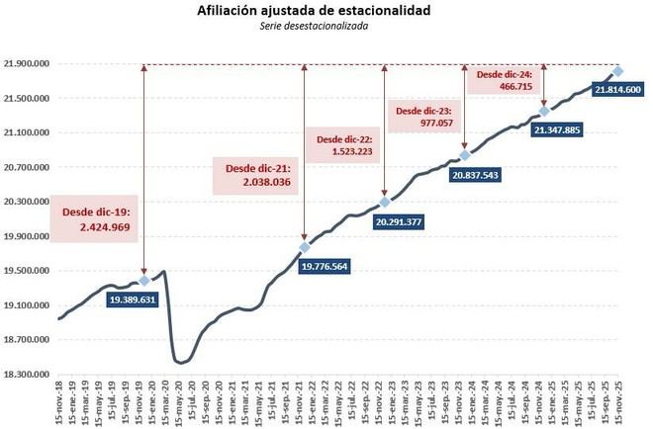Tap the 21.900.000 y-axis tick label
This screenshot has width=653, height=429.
(x=27, y=64)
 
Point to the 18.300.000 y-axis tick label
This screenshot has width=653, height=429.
(x=27, y=375)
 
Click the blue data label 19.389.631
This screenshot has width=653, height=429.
(x=134, y=299)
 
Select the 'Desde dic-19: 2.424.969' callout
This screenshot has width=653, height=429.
(x=97, y=219)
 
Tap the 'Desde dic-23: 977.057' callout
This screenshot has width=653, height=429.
(x=424, y=118)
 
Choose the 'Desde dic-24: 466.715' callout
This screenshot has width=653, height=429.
(x=505, y=80)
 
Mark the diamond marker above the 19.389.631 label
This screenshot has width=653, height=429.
(x=144, y=281)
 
